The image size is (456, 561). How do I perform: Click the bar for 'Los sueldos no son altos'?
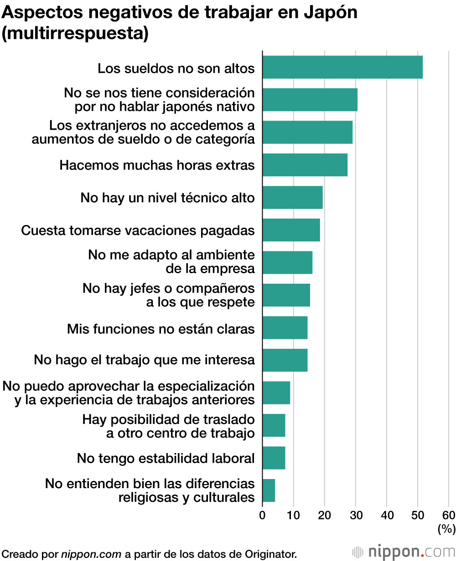(x=342, y=67)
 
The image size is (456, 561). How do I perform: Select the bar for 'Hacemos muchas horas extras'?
(x=305, y=165)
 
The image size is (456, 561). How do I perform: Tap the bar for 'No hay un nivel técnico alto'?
(x=293, y=198)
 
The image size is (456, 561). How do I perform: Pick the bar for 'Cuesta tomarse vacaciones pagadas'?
(x=291, y=230)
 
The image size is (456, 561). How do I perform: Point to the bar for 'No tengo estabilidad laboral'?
(x=274, y=458)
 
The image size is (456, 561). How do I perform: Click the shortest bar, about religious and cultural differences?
(x=269, y=490)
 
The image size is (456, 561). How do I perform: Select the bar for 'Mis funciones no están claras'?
(x=285, y=328)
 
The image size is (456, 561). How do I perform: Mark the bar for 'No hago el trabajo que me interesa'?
(x=285, y=360)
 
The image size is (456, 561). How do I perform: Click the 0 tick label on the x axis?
(x=262, y=515)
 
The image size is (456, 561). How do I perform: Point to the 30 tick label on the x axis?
(x=356, y=515)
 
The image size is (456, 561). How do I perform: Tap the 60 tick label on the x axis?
(x=449, y=515)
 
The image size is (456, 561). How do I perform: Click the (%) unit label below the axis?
(x=446, y=529)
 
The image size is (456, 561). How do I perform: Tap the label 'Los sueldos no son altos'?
(x=176, y=69)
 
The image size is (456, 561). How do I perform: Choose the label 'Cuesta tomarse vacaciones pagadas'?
(x=138, y=230)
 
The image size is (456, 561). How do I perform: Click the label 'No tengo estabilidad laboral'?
(x=166, y=458)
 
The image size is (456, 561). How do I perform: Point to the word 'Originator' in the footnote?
(x=271, y=554)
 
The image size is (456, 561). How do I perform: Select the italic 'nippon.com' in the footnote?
(x=91, y=554)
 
